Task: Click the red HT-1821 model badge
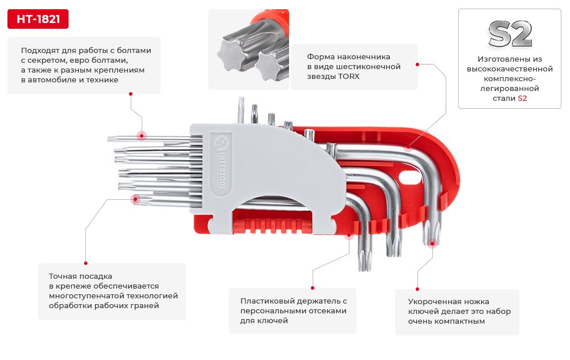coord(38,19)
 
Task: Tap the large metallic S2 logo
coord(510,34)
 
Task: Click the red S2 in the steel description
coord(522,98)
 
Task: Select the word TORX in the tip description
coord(348,77)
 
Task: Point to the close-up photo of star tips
coord(249,50)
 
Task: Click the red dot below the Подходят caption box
coord(131,94)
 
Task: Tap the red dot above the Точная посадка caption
coord(86,263)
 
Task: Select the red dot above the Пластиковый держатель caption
coord(313,288)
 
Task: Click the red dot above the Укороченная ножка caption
coord(417,289)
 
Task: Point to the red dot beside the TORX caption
coord(417,65)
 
